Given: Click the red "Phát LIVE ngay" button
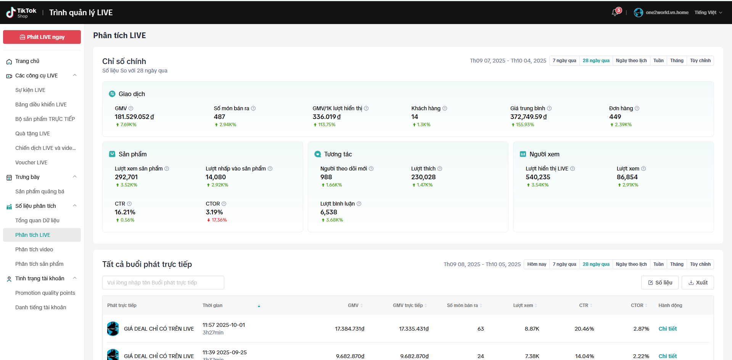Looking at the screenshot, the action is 42,37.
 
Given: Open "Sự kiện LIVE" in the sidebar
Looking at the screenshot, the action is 30,90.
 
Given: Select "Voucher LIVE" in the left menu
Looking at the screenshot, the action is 31,162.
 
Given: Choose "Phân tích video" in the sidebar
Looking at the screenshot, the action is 34,249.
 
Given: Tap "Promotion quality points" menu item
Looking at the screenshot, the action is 45,293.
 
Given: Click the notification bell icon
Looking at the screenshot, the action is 615,13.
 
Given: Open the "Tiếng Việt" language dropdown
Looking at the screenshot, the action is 708,13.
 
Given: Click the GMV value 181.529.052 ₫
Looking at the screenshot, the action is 134,117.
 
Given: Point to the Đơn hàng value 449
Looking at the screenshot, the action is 615,117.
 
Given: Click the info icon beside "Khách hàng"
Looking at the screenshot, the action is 445,108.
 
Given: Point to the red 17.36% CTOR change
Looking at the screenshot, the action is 217,220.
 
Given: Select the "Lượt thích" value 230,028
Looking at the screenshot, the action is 423,177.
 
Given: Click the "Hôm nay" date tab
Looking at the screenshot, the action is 537,264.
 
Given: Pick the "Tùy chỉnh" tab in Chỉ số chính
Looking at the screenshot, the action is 700,61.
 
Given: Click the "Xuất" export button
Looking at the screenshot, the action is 698,283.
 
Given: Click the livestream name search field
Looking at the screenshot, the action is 163,283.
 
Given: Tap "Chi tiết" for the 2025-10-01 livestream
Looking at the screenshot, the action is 668,329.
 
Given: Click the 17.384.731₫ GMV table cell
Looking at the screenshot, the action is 350,329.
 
